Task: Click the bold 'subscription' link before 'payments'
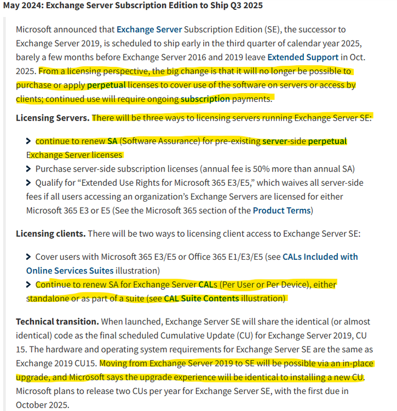click(205, 99)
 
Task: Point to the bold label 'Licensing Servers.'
click(52, 118)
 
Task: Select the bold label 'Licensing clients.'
click(50, 233)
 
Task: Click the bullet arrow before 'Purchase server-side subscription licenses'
click(29, 168)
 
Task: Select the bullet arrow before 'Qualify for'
click(29, 182)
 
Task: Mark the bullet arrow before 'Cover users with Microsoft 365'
click(29, 256)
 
